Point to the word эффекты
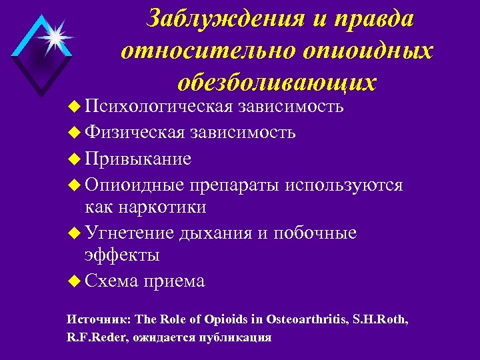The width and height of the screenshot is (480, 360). point(122,255)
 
